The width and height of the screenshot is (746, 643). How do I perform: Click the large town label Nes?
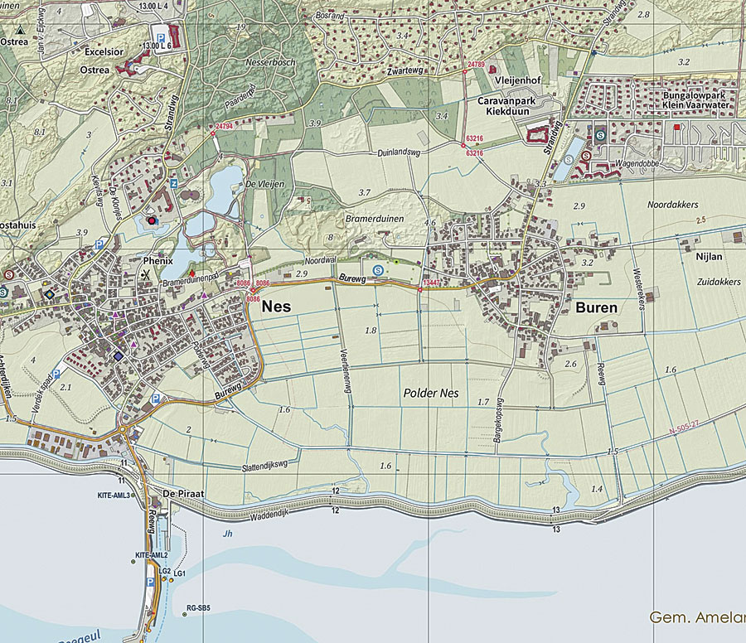(277, 307)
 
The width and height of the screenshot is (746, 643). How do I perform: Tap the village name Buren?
(595, 307)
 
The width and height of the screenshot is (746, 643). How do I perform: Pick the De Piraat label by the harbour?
(183, 494)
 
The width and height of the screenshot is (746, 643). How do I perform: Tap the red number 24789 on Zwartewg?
(476, 64)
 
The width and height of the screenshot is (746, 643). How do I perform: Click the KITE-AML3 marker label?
(115, 496)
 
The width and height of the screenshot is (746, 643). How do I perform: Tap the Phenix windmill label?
(157, 259)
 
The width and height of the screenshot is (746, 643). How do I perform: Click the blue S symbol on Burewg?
(378, 269)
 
